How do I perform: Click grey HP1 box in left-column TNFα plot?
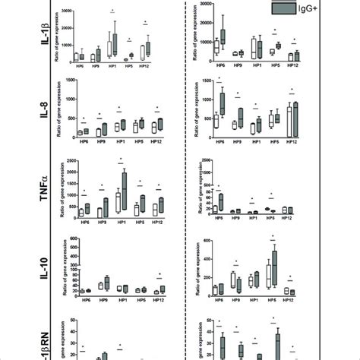123,190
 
